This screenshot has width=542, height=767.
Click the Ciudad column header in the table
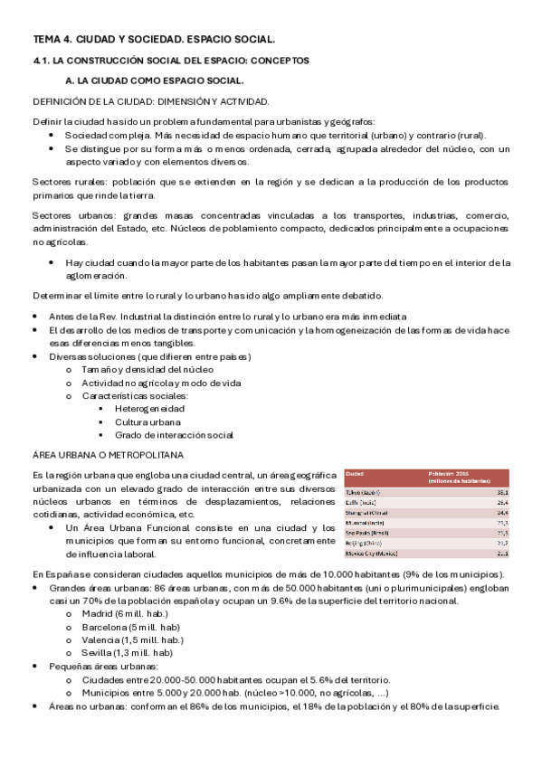tap(355, 473)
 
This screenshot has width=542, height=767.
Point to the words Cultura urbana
tap(147, 421)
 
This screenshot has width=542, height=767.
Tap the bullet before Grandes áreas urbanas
tap(35, 587)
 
